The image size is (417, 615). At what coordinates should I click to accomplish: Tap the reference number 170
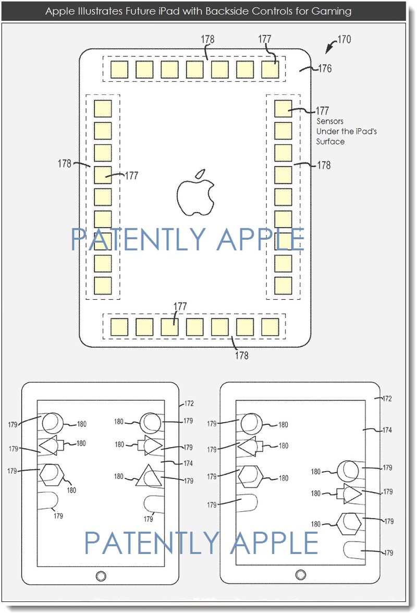pos(344,39)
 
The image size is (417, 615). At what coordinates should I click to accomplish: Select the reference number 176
pos(325,68)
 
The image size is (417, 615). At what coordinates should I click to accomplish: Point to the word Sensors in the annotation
pos(330,121)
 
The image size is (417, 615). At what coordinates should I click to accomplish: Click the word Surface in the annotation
pos(330,141)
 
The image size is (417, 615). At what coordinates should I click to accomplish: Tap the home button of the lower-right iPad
pos(300,574)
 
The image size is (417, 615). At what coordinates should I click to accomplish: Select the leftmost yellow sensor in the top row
pos(119,69)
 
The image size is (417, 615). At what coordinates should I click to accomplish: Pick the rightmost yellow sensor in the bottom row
pos(269,327)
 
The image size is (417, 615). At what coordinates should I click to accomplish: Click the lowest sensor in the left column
pos(103,286)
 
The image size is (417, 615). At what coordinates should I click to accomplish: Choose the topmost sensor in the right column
pos(283,109)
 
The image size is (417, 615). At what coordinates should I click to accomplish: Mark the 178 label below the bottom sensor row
pos(241,355)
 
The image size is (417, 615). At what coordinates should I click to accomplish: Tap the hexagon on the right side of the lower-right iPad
pos(350,523)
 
